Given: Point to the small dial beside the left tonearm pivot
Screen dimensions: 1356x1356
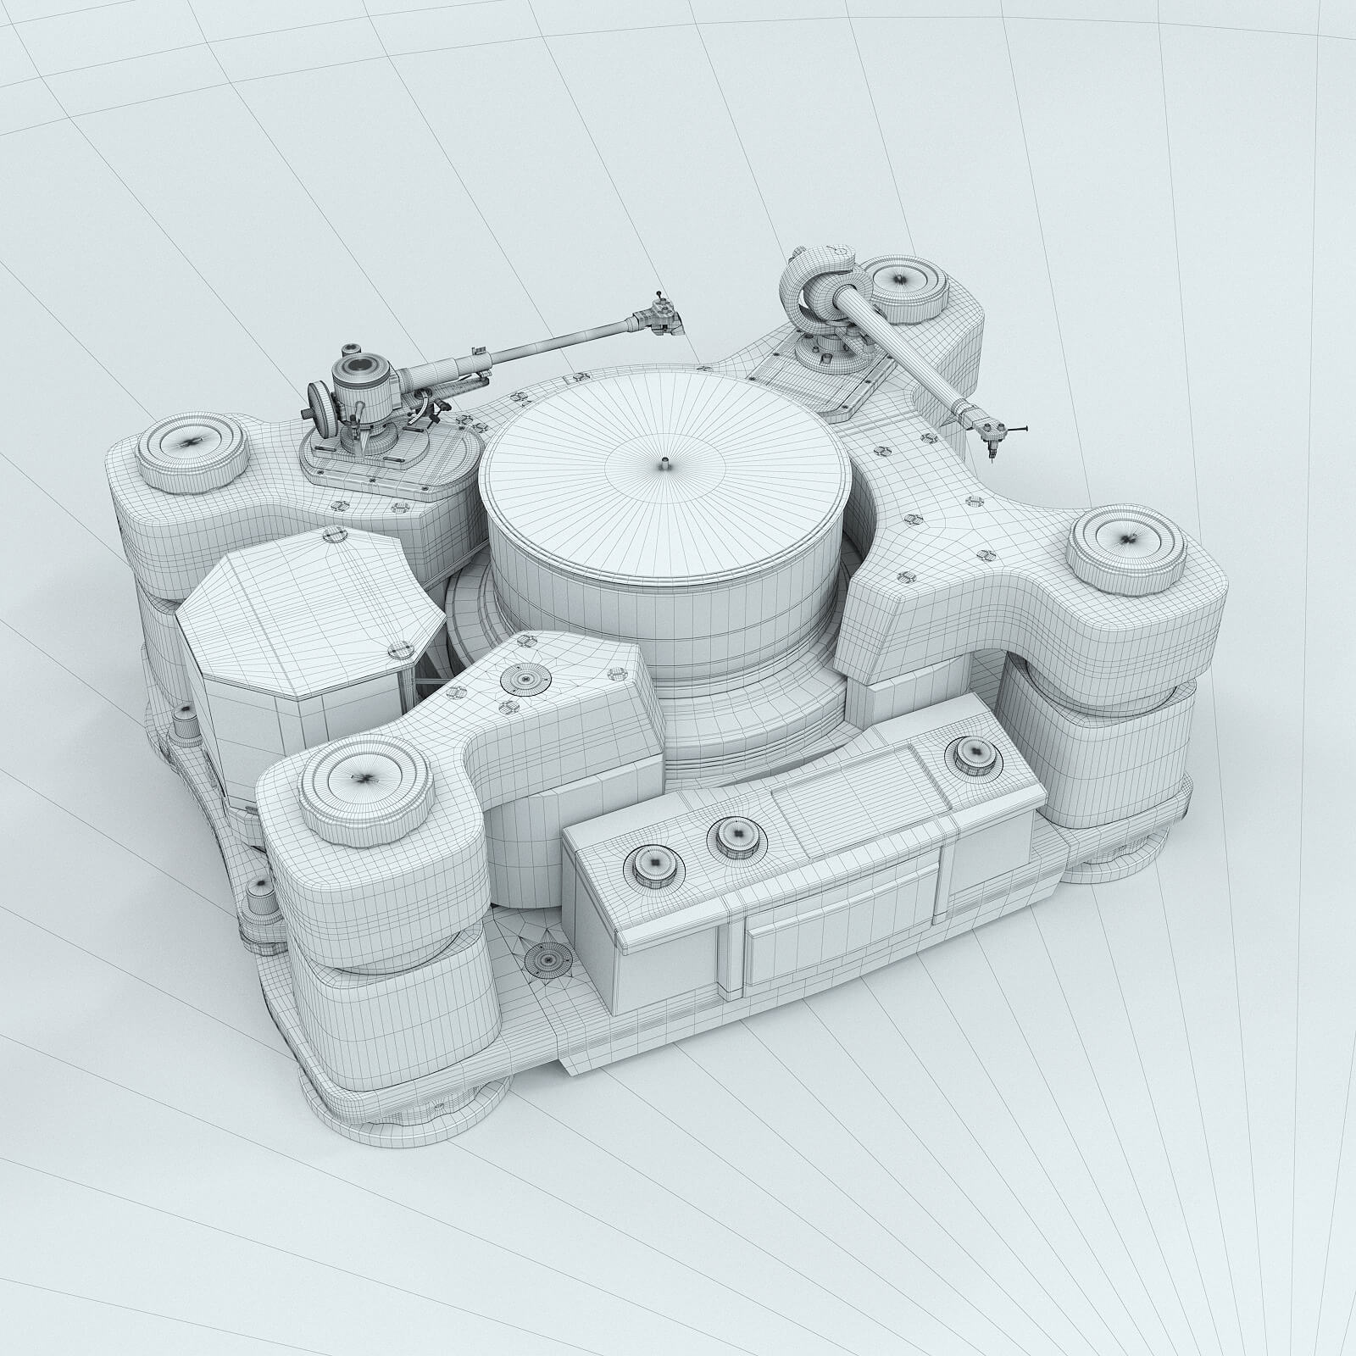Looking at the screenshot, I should coord(319,401).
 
